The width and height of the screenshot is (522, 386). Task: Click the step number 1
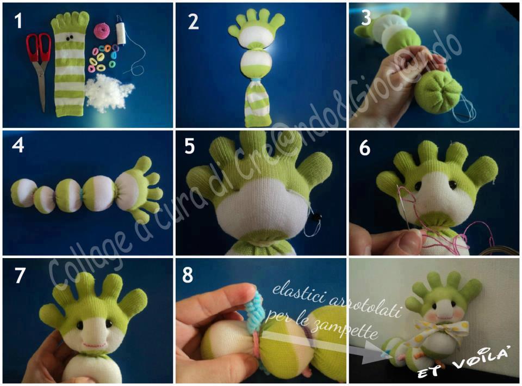(18, 21)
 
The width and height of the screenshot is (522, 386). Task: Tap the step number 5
(189, 146)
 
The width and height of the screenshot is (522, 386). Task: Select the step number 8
(188, 275)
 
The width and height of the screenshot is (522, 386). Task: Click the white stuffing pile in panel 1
(109, 91)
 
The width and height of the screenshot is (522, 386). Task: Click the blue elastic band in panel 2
(256, 81)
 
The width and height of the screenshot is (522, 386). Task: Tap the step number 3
(365, 18)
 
